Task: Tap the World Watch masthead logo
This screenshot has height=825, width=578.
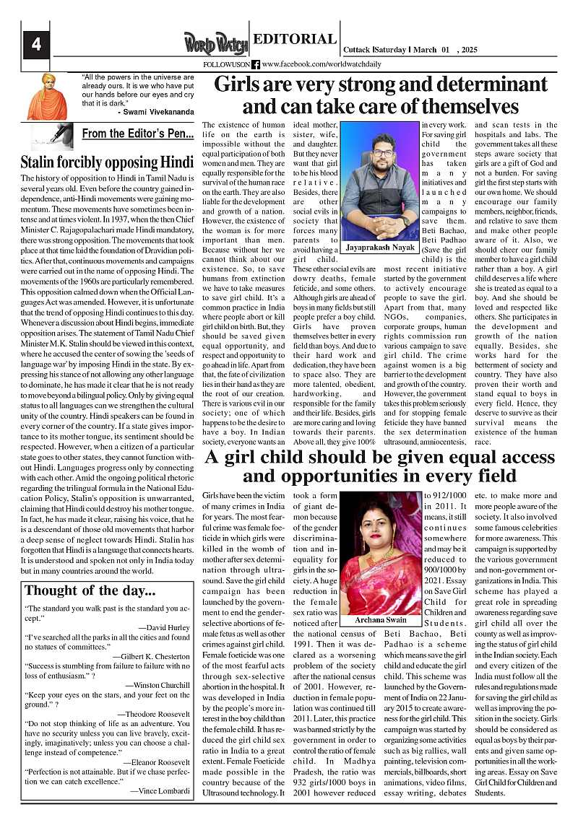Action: tap(215, 43)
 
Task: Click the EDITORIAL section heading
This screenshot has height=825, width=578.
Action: tap(294, 40)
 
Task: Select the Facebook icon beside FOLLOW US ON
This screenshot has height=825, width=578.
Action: tap(256, 64)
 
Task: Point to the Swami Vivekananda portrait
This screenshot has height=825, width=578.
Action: tap(48, 96)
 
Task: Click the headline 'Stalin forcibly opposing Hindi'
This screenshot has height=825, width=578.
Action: tap(107, 161)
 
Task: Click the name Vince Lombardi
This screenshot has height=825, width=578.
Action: tap(160, 790)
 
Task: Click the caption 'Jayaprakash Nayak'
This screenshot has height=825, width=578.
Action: tap(380, 247)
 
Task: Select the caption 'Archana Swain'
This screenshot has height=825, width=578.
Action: tap(380, 620)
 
